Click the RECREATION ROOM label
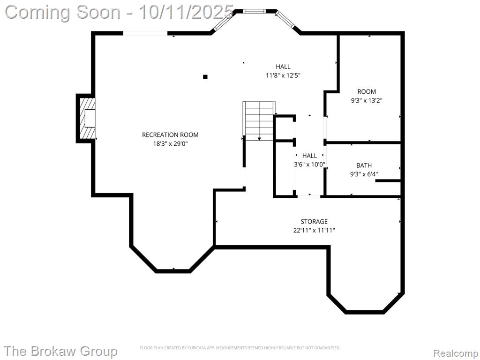(x=170, y=135)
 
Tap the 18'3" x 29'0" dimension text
(x=170, y=143)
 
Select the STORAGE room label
(x=314, y=221)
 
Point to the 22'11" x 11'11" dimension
(x=314, y=230)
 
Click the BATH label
(x=364, y=165)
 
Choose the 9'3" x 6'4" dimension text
(x=364, y=174)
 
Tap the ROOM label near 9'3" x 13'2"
(x=367, y=91)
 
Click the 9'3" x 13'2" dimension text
(x=367, y=100)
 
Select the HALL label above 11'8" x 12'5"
(x=283, y=67)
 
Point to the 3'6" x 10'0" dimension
(x=309, y=165)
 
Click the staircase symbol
(x=259, y=121)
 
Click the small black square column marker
(x=205, y=77)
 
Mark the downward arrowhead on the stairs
(x=259, y=139)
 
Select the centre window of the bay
(x=255, y=11)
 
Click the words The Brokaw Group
(x=61, y=351)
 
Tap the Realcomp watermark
(x=455, y=353)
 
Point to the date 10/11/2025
(x=186, y=12)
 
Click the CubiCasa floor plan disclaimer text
(x=240, y=348)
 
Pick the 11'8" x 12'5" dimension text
(x=283, y=75)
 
